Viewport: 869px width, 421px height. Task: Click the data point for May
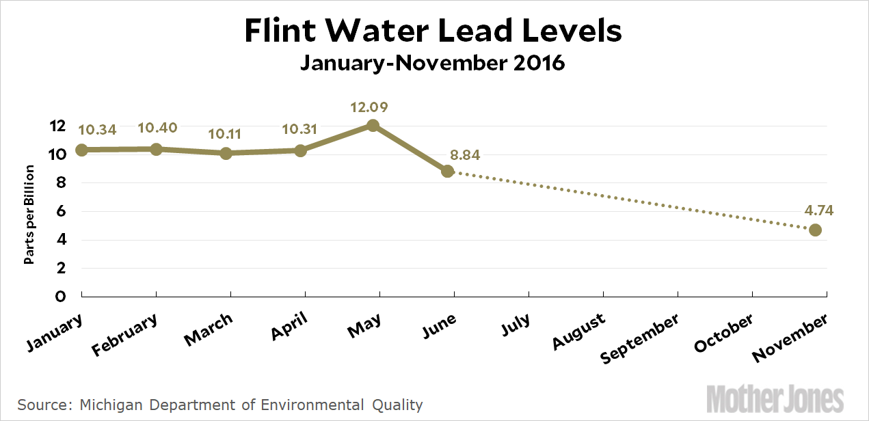tap(373, 125)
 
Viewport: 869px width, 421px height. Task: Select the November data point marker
tap(815, 230)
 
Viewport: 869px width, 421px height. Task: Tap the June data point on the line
tap(447, 171)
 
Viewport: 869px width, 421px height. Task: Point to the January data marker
tap(81, 150)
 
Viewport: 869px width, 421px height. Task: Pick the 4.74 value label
tap(815, 210)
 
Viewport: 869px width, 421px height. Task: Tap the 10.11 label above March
tap(226, 133)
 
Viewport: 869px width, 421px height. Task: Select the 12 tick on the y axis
tap(57, 126)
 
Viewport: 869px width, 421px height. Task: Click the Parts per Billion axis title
tap(29, 214)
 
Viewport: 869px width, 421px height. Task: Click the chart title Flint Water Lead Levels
tap(433, 31)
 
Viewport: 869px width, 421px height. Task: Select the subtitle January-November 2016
tap(433, 64)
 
